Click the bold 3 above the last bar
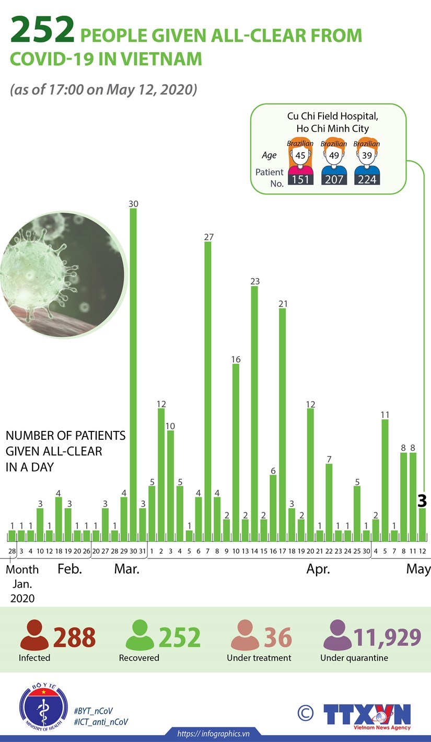coord(422,501)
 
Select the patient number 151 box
coord(301,179)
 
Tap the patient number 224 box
coord(367,179)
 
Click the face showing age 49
coord(333,156)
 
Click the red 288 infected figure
coord(74,637)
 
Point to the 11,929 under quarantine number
coord(387,637)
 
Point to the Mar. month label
coord(126,569)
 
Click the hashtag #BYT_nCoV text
coord(94,711)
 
